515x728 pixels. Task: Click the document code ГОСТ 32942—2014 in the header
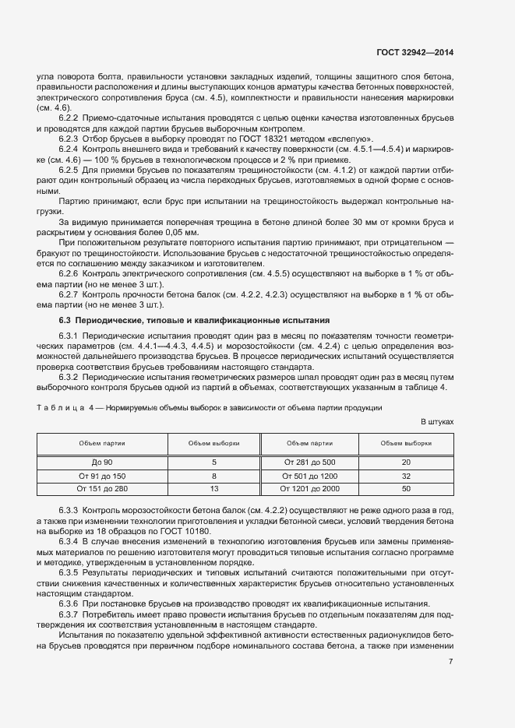tap(412, 52)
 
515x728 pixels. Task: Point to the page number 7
tap(450, 662)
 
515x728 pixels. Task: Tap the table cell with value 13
tap(213, 488)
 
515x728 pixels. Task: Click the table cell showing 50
tap(406, 488)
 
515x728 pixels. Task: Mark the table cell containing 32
tap(406, 475)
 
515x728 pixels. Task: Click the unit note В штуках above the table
tap(436, 421)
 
